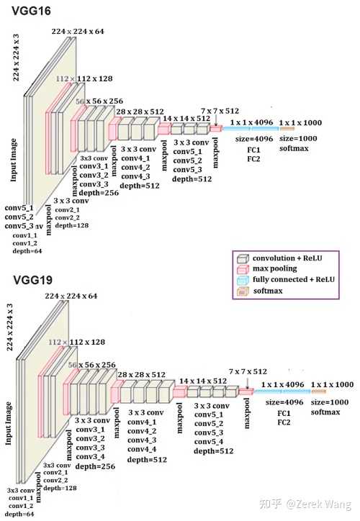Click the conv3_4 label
91,457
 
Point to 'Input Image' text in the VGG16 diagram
14,158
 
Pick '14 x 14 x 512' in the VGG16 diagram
186,118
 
